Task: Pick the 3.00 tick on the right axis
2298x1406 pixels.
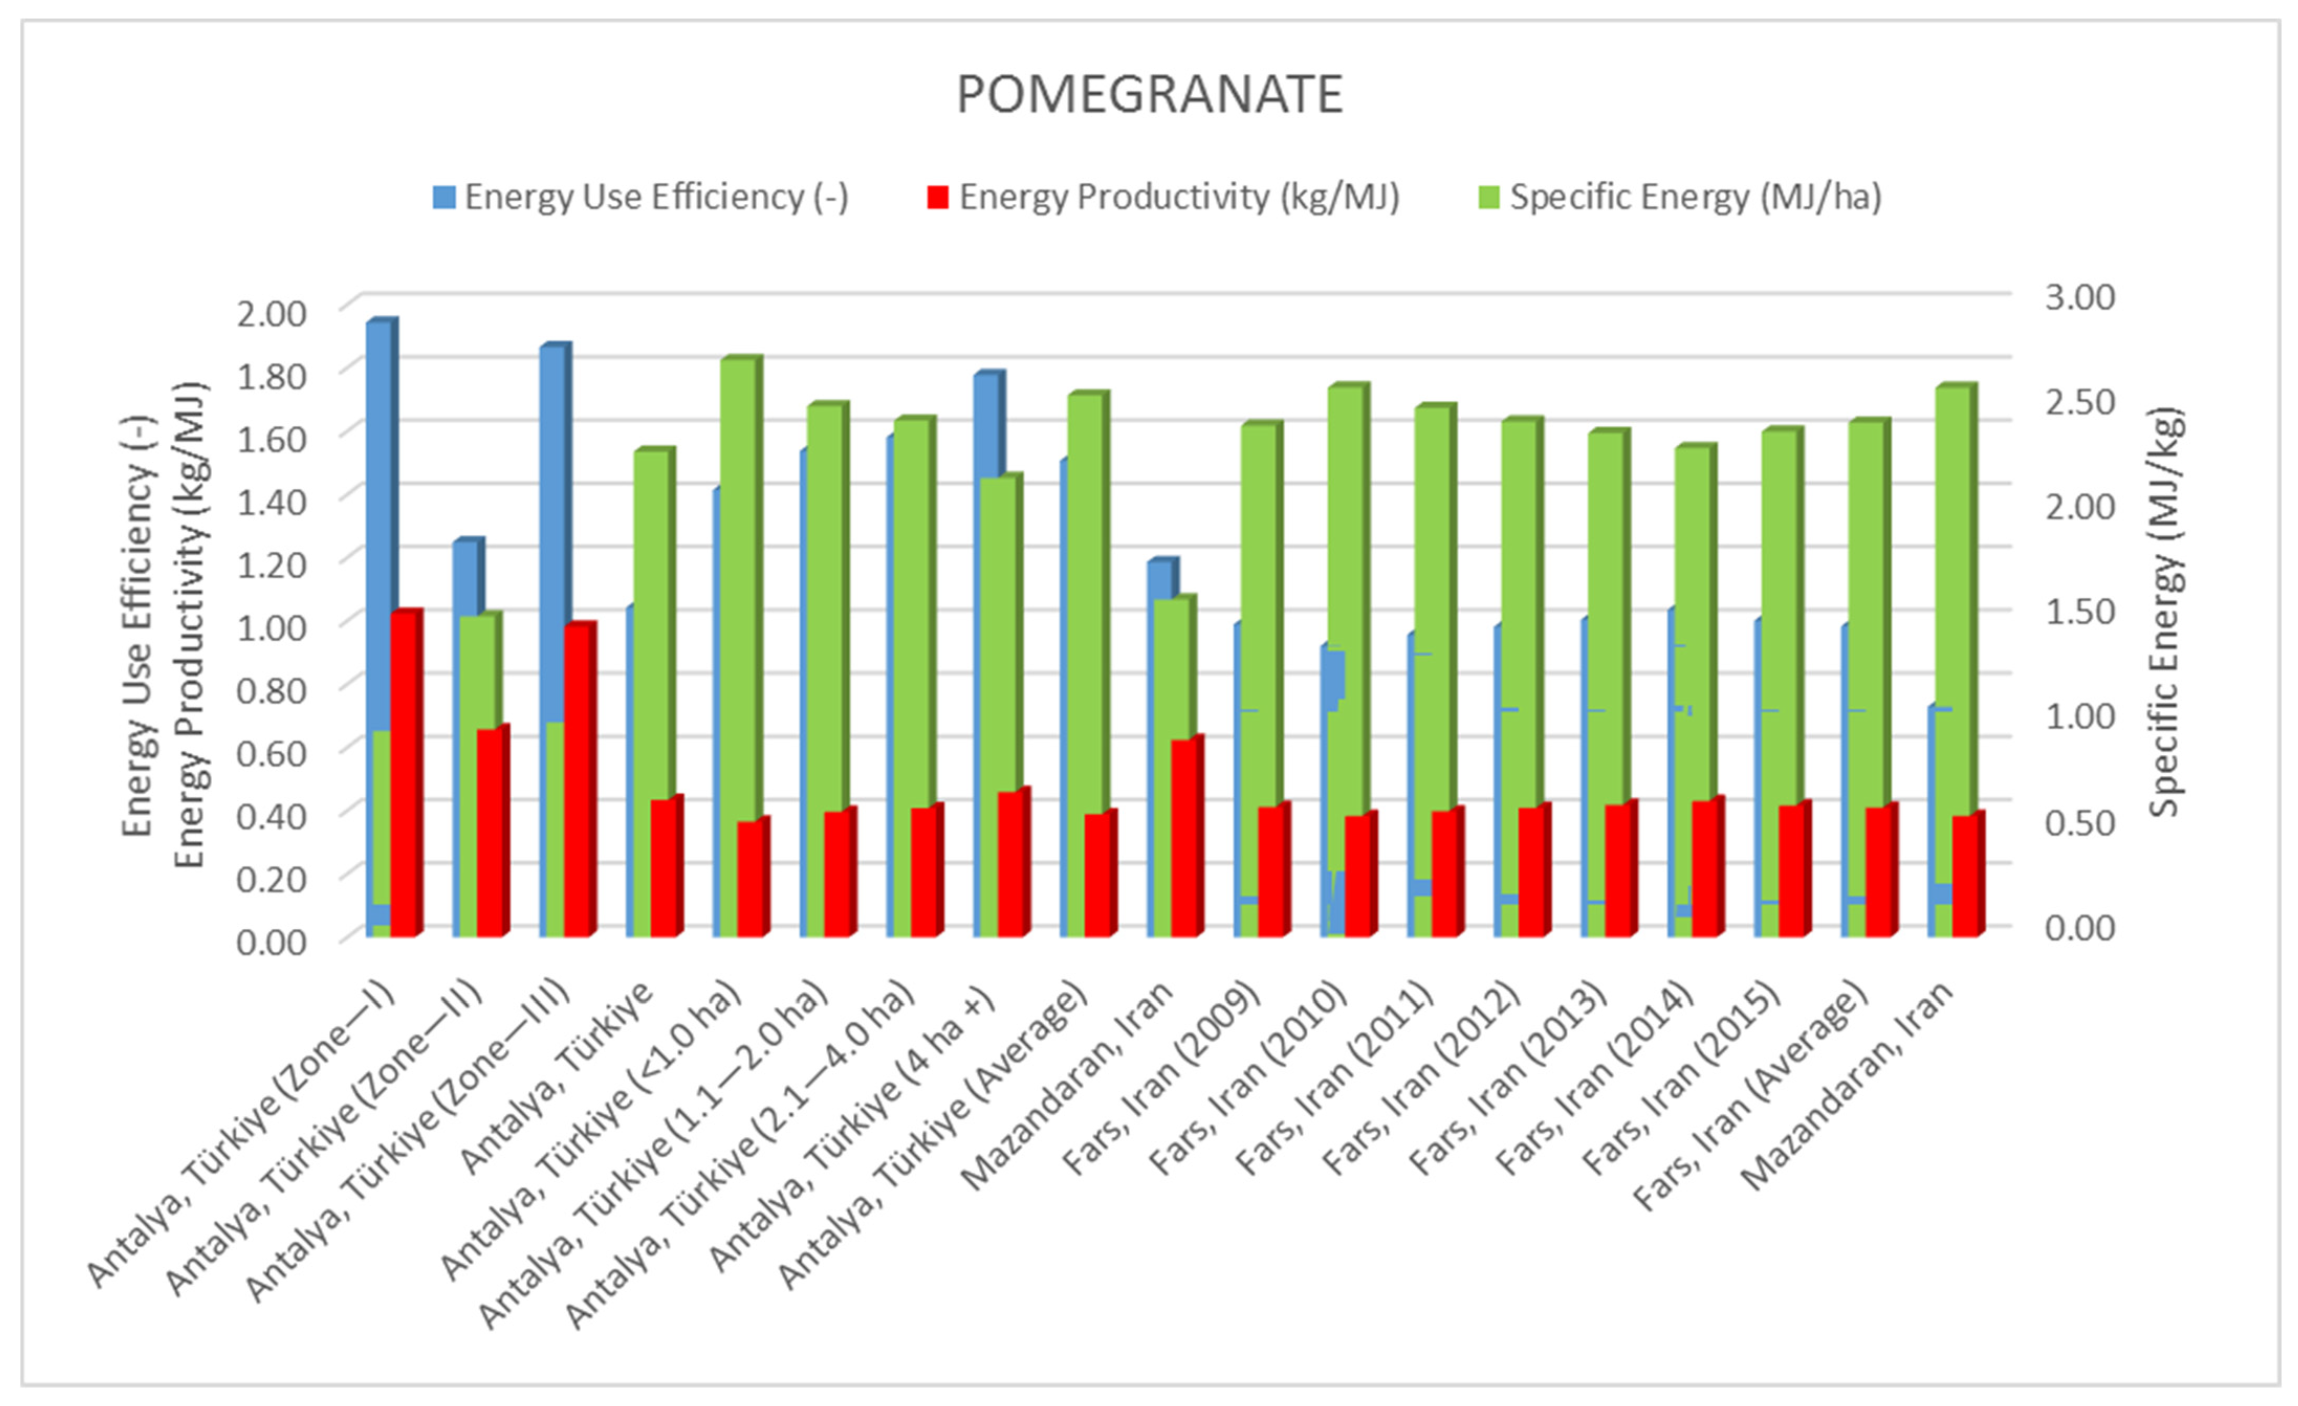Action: click(x=2080, y=296)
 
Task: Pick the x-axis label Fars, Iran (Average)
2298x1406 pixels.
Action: click(x=1753, y=1100)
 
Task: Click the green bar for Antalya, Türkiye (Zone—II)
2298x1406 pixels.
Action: click(x=480, y=671)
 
